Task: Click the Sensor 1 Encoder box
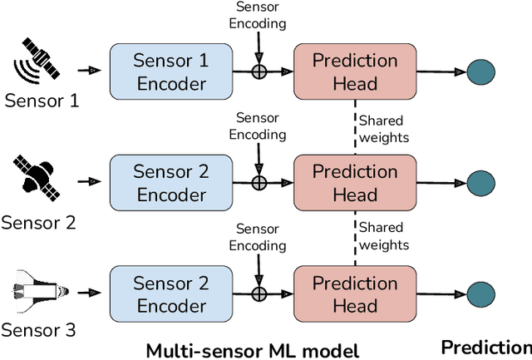[x=171, y=72]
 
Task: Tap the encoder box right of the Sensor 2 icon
[x=171, y=183]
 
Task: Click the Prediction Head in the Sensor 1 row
[x=355, y=72]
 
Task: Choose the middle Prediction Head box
[x=355, y=183]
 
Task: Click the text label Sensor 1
[x=42, y=102]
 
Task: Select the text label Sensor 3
[x=39, y=330]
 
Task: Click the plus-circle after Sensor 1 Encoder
[x=259, y=72]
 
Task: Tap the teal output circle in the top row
[x=480, y=72]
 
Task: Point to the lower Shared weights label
[x=385, y=236]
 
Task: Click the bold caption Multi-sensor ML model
[x=252, y=350]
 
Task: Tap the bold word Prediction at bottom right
[x=485, y=348]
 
